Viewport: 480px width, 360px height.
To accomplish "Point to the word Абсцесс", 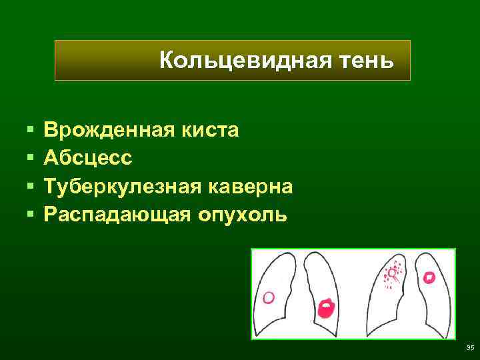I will [88, 158].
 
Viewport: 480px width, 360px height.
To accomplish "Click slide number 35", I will [469, 347].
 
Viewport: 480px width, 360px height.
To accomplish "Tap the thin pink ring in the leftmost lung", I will [269, 297].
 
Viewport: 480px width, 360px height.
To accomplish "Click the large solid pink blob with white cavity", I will [326, 309].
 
